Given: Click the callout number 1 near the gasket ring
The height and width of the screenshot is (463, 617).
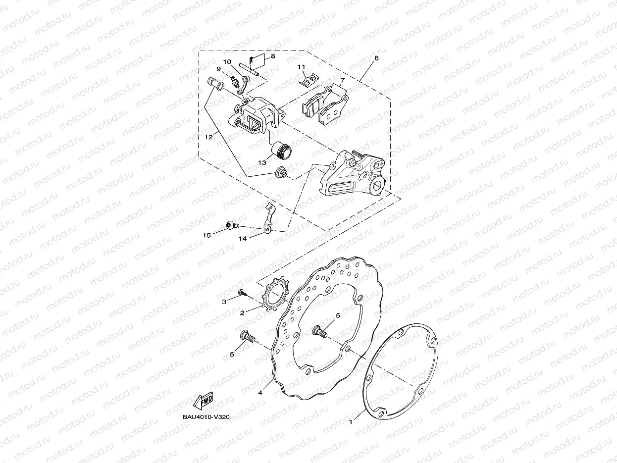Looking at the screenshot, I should pyautogui.click(x=351, y=422).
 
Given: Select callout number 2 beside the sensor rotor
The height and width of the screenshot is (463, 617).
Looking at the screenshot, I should pyautogui.click(x=242, y=313).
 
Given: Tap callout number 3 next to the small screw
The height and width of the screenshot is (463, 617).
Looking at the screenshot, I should pyautogui.click(x=224, y=301).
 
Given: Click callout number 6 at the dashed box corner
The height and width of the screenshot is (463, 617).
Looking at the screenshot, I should pyautogui.click(x=376, y=58).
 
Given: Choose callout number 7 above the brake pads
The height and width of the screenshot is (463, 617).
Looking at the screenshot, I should pyautogui.click(x=342, y=80).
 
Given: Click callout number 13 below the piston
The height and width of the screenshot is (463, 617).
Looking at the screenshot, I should pyautogui.click(x=262, y=162).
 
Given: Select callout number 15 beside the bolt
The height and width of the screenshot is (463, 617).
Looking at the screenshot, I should pyautogui.click(x=206, y=235).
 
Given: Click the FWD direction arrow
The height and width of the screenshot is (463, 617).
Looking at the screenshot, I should pyautogui.click(x=204, y=400).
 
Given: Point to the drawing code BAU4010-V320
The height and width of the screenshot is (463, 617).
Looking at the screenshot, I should pyautogui.click(x=206, y=417).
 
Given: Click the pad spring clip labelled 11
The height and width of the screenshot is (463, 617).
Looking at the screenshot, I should pyautogui.click(x=310, y=79).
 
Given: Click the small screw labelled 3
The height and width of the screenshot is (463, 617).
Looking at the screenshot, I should pyautogui.click(x=242, y=293).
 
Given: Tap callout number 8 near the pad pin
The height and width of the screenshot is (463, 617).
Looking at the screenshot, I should pyautogui.click(x=272, y=56).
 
